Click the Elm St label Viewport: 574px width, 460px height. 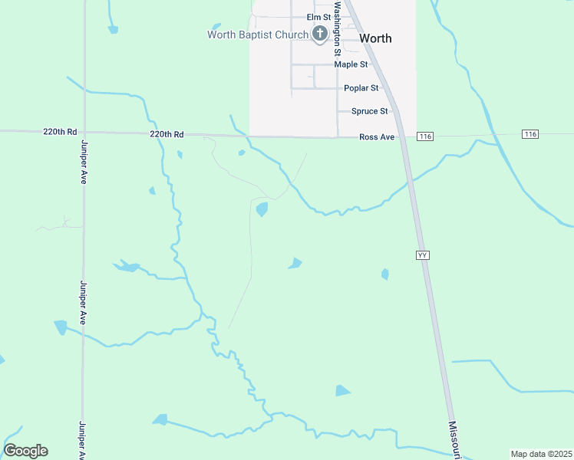tap(318, 17)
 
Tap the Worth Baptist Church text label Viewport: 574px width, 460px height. tap(258, 34)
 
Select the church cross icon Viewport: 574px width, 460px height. tap(320, 34)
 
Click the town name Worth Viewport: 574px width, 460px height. tap(375, 38)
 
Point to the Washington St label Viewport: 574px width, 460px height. tap(337, 31)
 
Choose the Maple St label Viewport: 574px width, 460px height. tap(351, 64)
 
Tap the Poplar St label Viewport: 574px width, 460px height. tap(361, 88)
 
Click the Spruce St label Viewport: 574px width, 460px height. tap(369, 111)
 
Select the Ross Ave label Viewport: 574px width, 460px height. tap(377, 137)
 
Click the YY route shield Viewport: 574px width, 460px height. tap(422, 255)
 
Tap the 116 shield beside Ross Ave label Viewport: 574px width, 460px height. tap(426, 136)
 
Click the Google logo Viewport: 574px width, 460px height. tap(25, 451)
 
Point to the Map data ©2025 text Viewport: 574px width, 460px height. tap(542, 454)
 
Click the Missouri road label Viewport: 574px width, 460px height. tap(454, 439)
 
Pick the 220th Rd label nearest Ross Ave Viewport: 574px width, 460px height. tap(167, 134)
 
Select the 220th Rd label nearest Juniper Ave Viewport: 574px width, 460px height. tap(61, 132)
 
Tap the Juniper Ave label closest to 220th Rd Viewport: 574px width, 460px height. tap(84, 165)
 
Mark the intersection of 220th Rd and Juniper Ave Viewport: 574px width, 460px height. tap(84, 132)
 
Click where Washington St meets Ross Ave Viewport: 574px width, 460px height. tap(338, 137)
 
